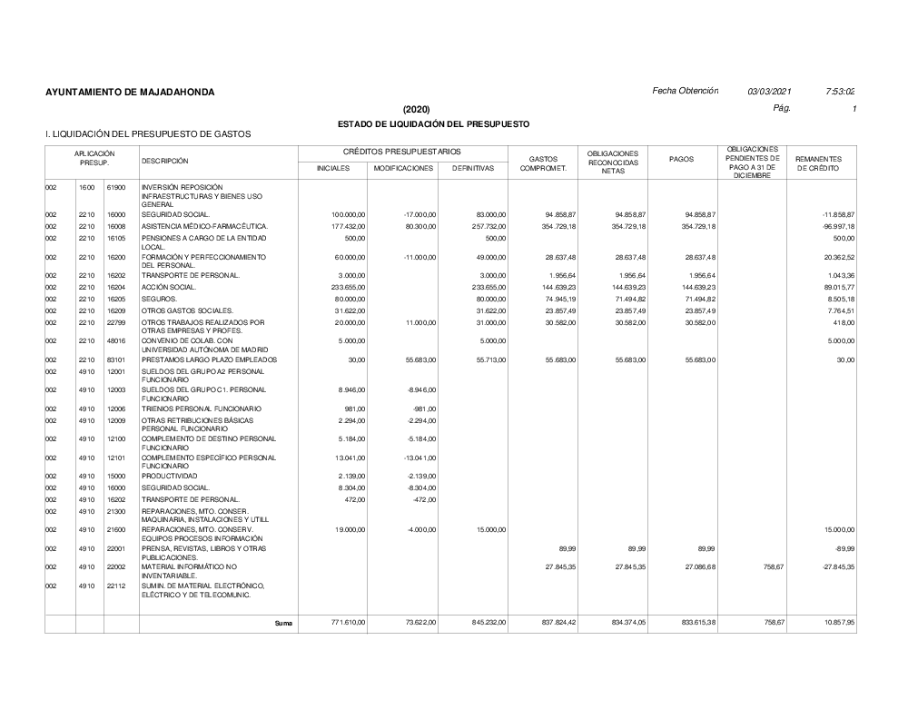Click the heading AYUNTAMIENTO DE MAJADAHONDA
point(130,93)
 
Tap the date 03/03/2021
point(770,92)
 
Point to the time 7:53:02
point(841,92)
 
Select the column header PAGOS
point(681,160)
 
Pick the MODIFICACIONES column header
point(404,169)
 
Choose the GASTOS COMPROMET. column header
point(542,164)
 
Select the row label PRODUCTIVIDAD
point(170,476)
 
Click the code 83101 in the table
point(115,360)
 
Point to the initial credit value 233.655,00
point(348,287)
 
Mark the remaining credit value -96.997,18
point(838,226)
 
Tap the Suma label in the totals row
point(283,624)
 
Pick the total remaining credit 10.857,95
point(838,624)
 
